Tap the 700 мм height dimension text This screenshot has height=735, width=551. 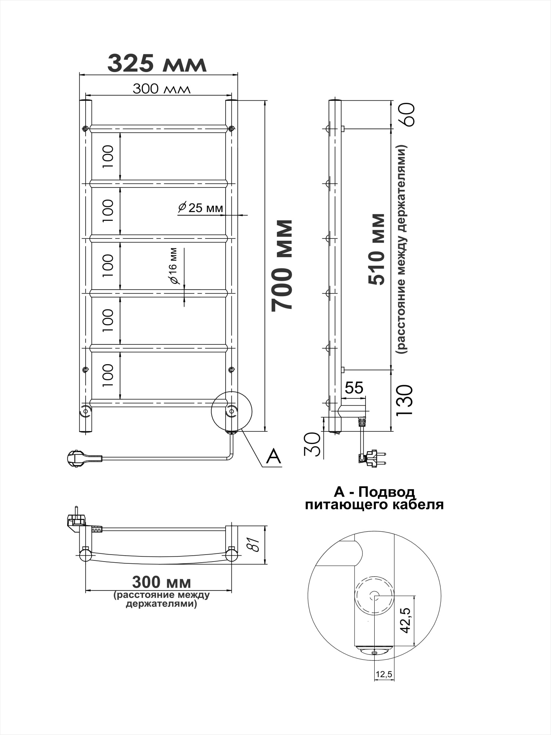pos(282,266)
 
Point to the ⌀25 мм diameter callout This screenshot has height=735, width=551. pos(201,208)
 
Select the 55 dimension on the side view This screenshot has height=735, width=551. pos(354,388)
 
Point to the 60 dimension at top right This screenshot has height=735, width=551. pos(408,115)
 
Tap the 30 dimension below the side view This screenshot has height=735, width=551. pos(312,444)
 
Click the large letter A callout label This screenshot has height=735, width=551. pos(274,456)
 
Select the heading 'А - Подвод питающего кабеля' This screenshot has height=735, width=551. pos(374,498)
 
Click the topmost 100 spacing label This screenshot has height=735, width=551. pos(108,157)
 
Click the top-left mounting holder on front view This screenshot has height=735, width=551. pos(85,129)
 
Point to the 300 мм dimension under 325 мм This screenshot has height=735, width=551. pos(162,89)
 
